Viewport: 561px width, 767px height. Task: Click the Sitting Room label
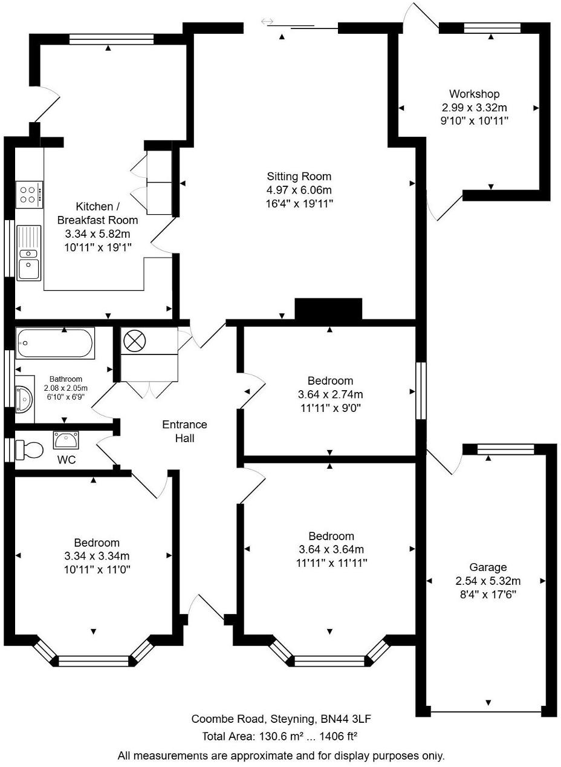coord(299,177)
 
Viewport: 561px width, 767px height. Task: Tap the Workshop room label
coord(474,94)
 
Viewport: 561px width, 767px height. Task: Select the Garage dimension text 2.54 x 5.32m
coord(488,581)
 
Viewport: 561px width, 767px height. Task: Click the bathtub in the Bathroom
coord(55,344)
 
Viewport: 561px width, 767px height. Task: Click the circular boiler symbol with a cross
coord(134,341)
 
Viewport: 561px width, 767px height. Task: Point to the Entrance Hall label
coord(184,431)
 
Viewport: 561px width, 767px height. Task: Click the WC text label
coord(66,460)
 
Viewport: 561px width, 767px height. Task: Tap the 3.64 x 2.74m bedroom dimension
coord(330,394)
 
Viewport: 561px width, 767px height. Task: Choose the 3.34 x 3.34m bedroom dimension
coord(97,556)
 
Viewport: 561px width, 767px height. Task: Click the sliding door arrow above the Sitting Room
coord(267,22)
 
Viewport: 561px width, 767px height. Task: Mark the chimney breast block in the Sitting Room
coord(328,309)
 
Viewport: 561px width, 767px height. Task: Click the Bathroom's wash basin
coord(25,396)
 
